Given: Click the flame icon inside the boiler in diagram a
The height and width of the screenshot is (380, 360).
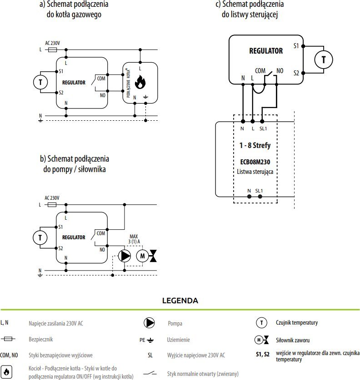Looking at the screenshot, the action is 140,82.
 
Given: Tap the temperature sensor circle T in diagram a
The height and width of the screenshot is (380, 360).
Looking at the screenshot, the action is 40,82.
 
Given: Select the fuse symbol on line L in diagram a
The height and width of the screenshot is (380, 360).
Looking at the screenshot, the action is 52,49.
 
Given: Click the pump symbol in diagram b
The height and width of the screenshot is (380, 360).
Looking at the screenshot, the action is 125,256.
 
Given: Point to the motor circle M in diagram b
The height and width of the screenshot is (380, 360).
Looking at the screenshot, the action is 142,256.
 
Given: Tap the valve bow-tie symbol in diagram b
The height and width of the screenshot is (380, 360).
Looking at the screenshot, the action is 153,256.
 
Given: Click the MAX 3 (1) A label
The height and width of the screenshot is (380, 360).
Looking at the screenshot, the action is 134,239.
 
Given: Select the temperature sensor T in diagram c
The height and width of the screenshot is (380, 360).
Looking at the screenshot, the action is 324,59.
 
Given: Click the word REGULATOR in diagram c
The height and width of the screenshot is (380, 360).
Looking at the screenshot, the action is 266,51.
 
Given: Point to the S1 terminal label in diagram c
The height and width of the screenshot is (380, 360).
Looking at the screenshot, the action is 296,46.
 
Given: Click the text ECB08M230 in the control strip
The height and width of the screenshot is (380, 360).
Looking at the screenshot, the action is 255,162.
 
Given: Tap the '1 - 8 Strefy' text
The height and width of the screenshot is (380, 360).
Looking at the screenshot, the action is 255,145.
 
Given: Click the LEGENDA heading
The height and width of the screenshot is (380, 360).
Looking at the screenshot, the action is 180,301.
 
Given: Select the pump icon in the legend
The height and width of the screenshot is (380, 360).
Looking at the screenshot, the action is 149,323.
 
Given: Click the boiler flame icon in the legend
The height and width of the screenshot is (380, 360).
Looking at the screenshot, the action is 6,371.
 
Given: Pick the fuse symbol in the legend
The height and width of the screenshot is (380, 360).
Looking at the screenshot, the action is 8,339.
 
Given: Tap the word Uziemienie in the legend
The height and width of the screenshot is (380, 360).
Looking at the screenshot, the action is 178,340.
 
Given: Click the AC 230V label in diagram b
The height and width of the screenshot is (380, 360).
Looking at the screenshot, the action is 52,198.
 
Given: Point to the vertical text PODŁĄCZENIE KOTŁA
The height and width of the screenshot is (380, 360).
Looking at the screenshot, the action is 128,83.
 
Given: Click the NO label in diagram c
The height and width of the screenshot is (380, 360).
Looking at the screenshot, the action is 280,71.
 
